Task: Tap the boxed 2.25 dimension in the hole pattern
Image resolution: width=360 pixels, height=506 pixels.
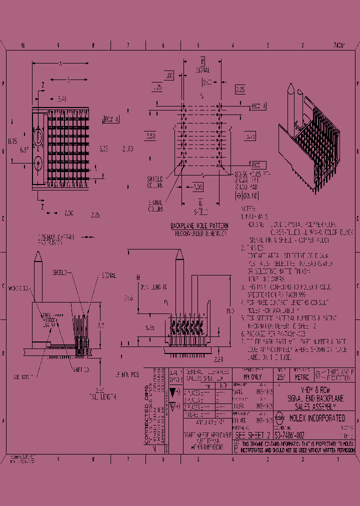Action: click(x=239, y=90)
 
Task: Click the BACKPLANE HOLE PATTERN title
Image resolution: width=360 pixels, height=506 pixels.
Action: click(x=199, y=226)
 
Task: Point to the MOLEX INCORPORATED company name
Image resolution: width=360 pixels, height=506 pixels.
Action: click(x=316, y=418)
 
